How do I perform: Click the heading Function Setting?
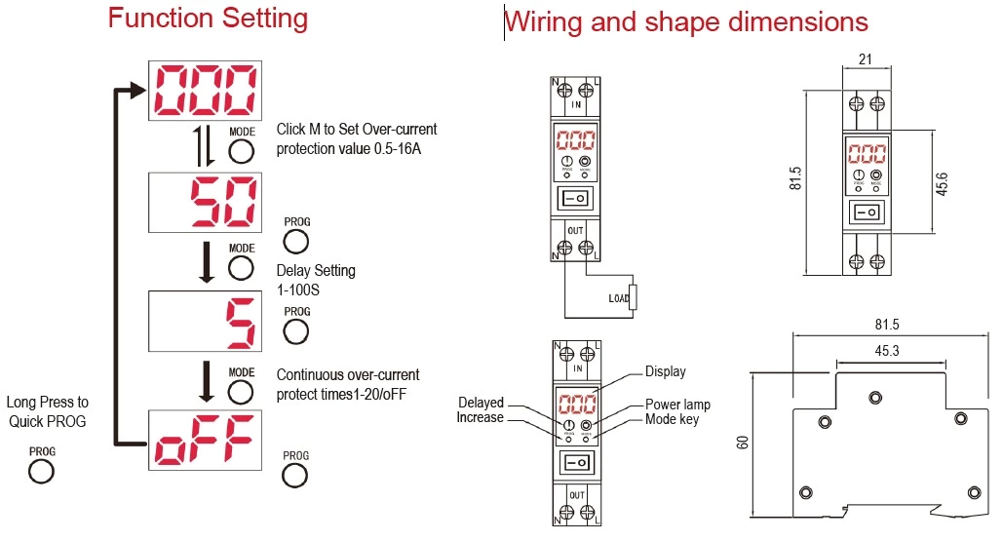click(208, 19)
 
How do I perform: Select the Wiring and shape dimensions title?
click(686, 21)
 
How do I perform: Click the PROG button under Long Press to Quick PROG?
click(41, 472)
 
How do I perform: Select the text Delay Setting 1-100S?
click(316, 280)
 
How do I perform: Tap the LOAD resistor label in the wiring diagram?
click(619, 298)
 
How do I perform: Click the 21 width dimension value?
click(865, 59)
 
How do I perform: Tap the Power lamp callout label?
click(677, 405)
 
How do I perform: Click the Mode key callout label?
click(672, 419)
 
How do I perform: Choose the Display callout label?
click(665, 371)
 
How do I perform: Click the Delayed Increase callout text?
click(481, 410)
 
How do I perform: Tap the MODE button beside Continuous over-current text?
click(241, 392)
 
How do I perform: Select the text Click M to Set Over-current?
click(357, 130)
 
